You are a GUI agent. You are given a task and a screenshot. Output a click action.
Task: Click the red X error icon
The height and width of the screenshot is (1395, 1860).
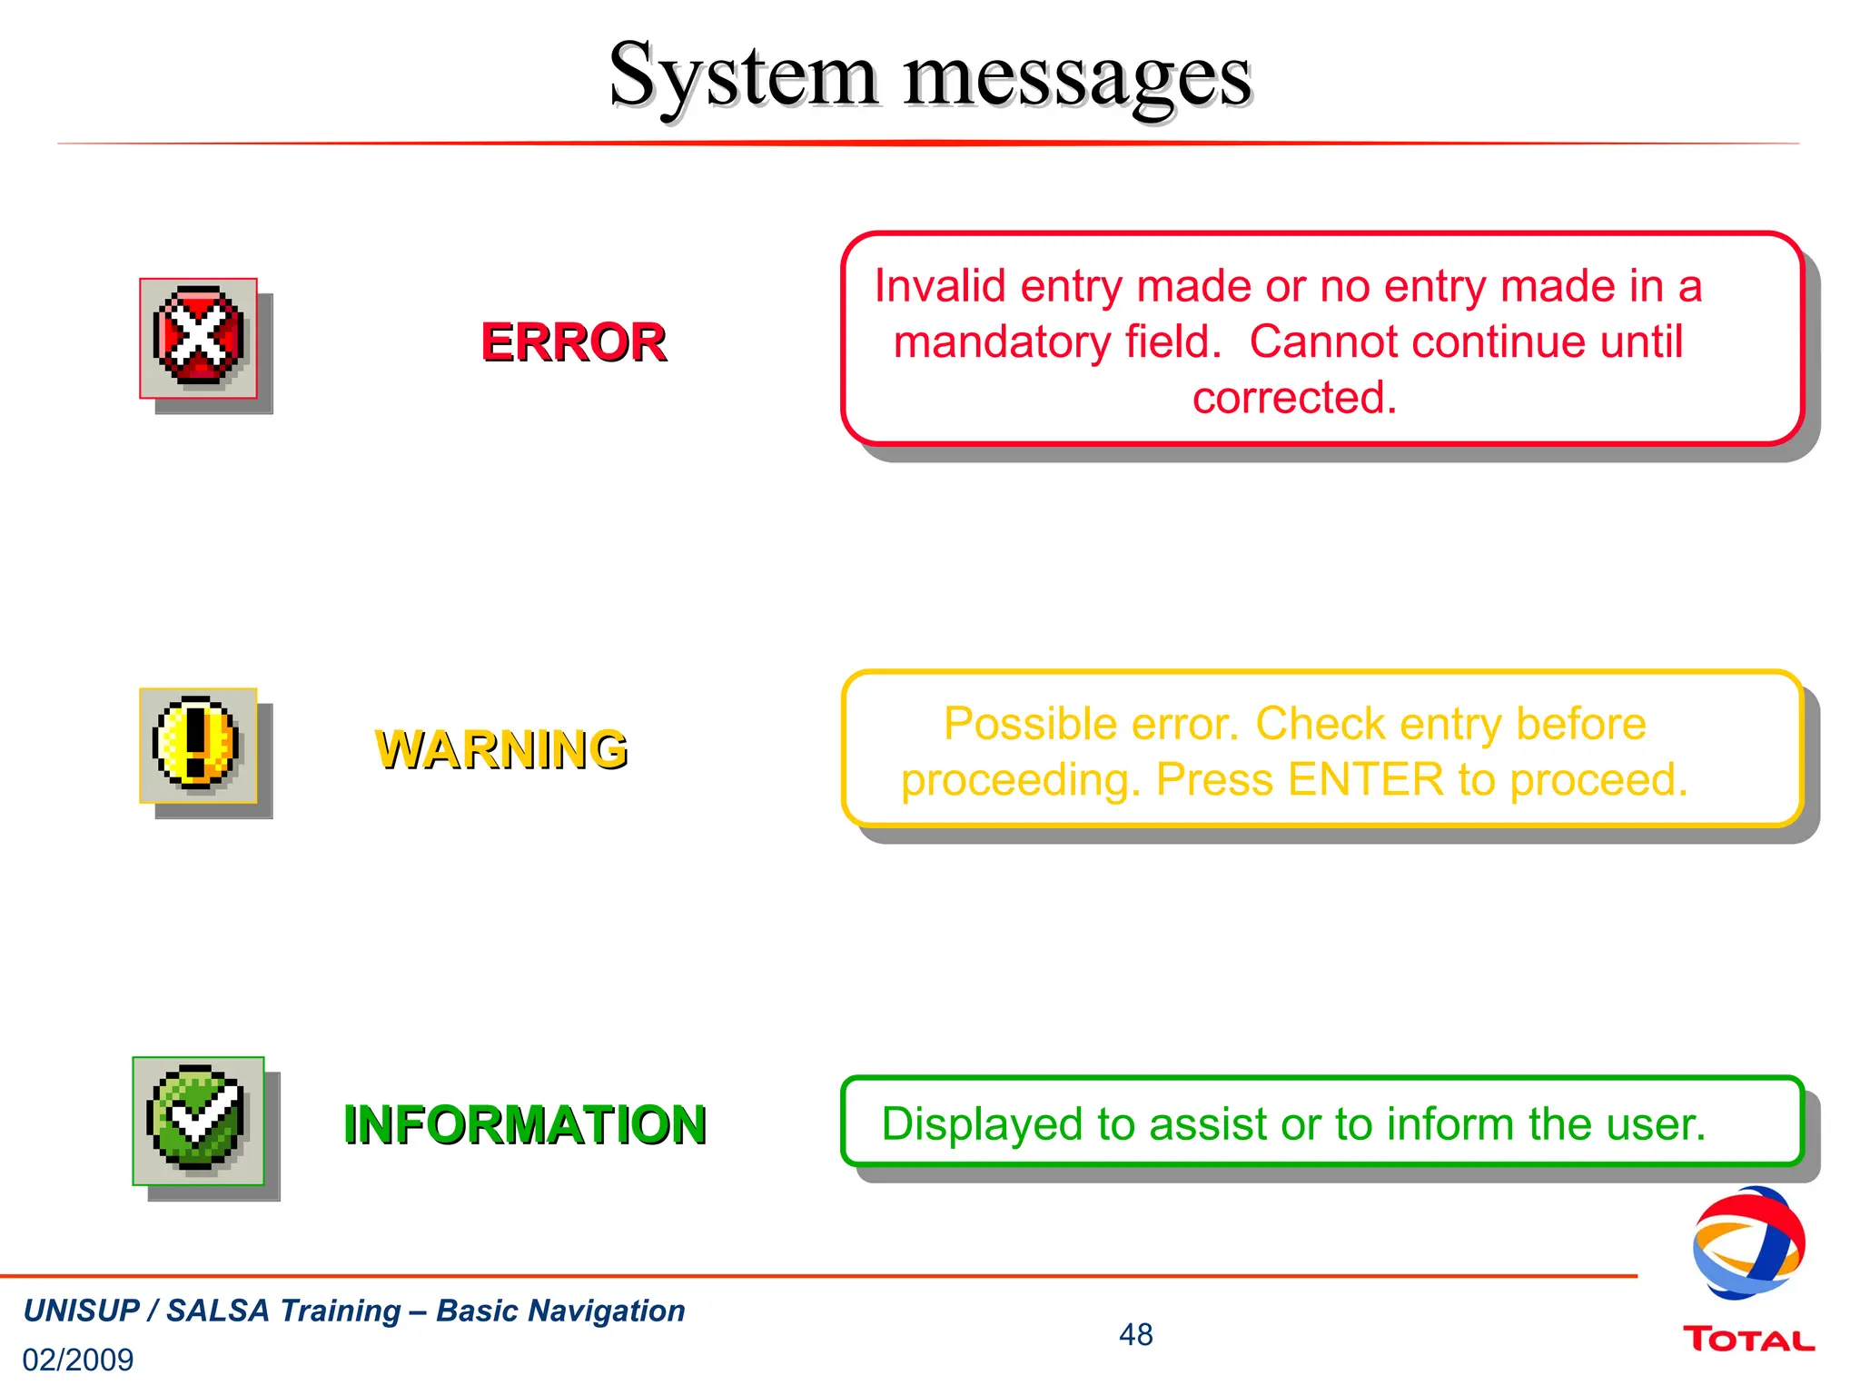click(x=198, y=337)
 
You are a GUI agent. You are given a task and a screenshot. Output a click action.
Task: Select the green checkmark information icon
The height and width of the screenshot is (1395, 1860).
click(x=197, y=1120)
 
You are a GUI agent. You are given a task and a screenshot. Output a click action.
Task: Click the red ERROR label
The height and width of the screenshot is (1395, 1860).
click(x=573, y=342)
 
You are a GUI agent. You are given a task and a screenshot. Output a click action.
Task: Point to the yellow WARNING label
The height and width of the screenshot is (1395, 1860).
click(x=500, y=749)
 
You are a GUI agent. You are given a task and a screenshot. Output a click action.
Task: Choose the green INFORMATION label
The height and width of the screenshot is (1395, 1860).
click(x=525, y=1124)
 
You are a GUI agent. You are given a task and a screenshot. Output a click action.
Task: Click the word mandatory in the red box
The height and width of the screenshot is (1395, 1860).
click(x=1002, y=342)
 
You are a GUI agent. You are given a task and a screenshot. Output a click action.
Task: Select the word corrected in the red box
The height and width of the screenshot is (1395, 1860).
click(x=1293, y=398)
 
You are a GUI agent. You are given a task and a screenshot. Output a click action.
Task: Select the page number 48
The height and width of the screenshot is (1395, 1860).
click(x=1135, y=1334)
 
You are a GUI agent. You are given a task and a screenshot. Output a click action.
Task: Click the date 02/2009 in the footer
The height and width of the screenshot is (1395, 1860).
click(x=78, y=1360)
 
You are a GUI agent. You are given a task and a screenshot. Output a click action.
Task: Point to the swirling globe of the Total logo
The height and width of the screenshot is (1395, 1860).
click(x=1747, y=1242)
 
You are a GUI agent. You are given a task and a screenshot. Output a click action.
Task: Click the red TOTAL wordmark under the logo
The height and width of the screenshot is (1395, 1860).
click(x=1747, y=1340)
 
